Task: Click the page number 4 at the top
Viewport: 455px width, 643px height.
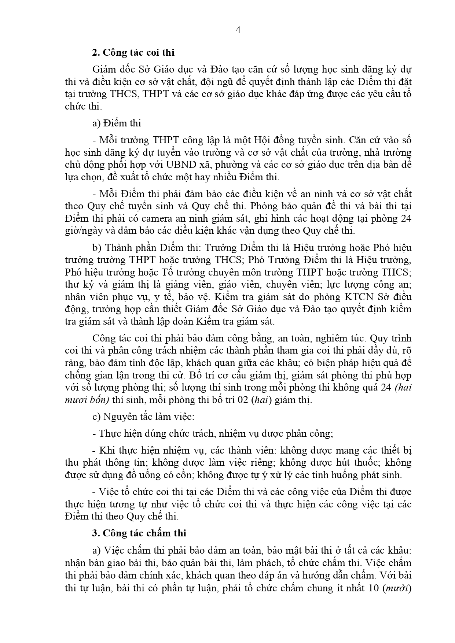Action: click(x=238, y=30)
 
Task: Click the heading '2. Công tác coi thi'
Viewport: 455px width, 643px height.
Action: click(x=133, y=53)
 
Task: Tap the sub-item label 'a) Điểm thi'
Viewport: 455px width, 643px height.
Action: click(x=117, y=123)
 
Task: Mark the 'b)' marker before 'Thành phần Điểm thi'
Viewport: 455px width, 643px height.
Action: click(x=96, y=248)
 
